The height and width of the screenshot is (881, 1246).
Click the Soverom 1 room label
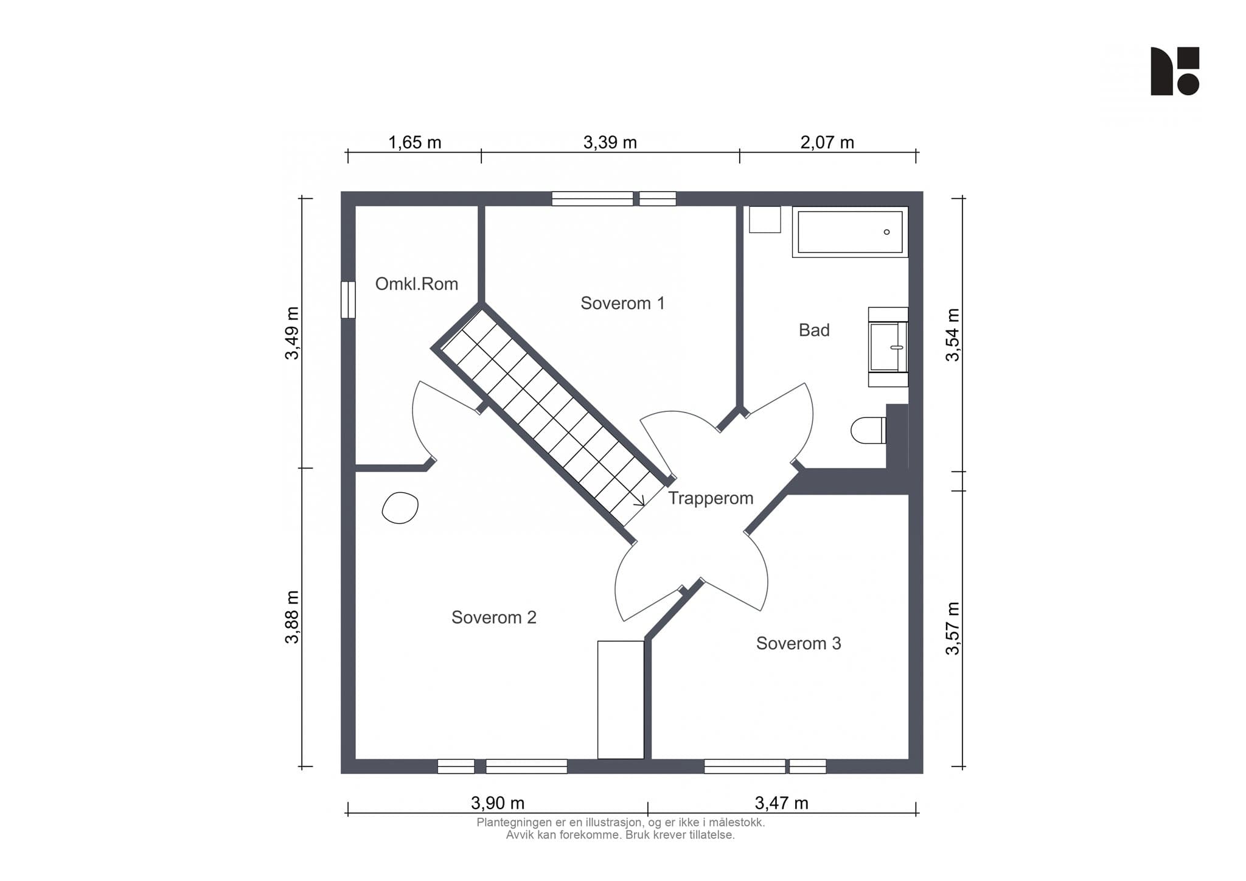click(x=622, y=303)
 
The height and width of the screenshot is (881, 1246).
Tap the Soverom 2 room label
click(x=494, y=618)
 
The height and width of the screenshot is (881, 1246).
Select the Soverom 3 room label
click(x=799, y=643)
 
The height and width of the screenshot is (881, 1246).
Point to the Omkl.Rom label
click(x=417, y=284)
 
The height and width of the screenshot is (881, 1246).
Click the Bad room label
click(x=814, y=330)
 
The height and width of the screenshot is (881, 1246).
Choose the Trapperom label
click(x=711, y=498)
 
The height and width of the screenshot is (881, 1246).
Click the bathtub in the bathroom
click(x=850, y=232)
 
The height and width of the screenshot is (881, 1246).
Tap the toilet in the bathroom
click(x=869, y=430)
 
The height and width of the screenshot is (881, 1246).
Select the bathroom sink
click(x=888, y=347)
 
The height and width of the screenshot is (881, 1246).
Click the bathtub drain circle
click(x=886, y=232)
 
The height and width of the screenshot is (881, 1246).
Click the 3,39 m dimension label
click(x=610, y=142)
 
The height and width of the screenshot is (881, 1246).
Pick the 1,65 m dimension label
click(x=415, y=142)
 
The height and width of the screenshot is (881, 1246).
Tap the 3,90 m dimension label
click(x=498, y=803)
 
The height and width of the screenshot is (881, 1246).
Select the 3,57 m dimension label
click(x=953, y=629)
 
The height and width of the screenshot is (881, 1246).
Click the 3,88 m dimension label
click(x=293, y=617)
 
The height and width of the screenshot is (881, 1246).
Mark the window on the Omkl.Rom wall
click(x=348, y=299)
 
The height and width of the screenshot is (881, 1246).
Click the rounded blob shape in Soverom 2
click(x=400, y=507)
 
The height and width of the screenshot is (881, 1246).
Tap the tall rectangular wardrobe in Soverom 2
click(x=621, y=700)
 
